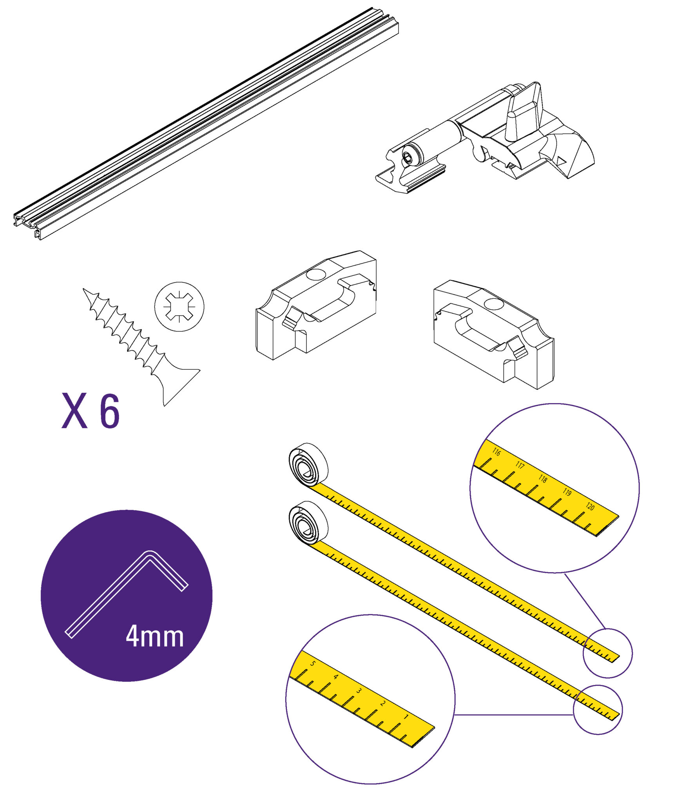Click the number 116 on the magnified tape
[x=496, y=452]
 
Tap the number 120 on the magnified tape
[x=590, y=507]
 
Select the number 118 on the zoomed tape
[x=543, y=479]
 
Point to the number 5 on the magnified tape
[x=312, y=663]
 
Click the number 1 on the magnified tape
[x=406, y=717]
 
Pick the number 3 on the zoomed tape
[x=359, y=690]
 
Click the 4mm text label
[x=155, y=636]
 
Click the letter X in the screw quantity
[x=74, y=411]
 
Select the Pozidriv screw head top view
[x=179, y=307]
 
